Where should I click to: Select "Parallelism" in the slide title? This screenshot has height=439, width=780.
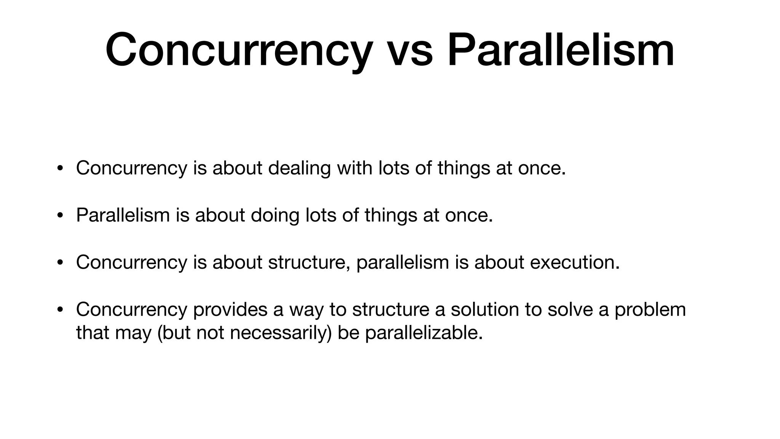coord(561,50)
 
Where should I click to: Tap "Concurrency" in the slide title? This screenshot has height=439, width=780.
coord(238,50)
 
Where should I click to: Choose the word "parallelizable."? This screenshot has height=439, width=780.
coord(424,333)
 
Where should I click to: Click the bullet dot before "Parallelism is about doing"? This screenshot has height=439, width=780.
coord(59,216)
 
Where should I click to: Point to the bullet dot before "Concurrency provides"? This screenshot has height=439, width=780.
coord(59,310)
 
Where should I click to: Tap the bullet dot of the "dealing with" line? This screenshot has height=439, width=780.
coord(59,168)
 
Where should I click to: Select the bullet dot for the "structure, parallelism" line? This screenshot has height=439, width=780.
coord(59,263)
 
